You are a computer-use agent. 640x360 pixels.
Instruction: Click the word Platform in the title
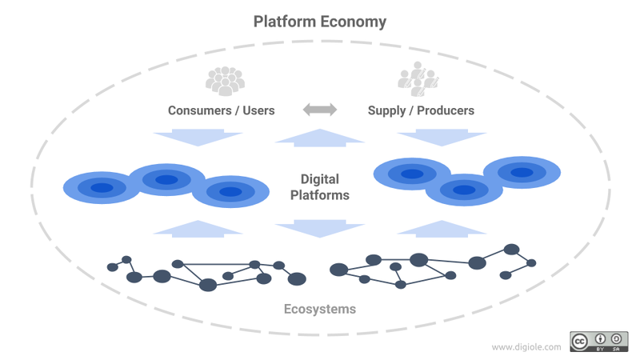[x=283, y=22]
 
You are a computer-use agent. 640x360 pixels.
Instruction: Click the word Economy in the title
[x=352, y=22]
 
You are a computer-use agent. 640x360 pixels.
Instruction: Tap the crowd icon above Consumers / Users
[x=225, y=82]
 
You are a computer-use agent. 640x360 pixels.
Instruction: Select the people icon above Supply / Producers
[x=418, y=79]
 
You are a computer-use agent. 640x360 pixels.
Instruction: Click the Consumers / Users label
[x=222, y=110]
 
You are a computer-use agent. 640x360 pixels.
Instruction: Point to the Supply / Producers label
[x=421, y=111]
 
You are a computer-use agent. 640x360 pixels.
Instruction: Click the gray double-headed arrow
[x=320, y=110]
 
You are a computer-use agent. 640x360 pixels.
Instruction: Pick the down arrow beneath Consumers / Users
[x=198, y=138]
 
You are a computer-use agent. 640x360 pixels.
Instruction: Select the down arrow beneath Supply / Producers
[x=442, y=138]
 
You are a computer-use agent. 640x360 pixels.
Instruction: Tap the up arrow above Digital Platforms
[x=319, y=138]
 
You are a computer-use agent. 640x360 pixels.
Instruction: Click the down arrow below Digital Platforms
[x=319, y=229]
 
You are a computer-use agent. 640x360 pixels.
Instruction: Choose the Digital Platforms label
[x=319, y=187]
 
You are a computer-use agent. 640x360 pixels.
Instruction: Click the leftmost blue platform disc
[x=102, y=188]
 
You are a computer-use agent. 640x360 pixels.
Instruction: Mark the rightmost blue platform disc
[x=522, y=172]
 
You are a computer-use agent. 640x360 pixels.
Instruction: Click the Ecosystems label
[x=319, y=309]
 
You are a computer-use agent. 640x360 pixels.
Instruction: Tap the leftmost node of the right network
[x=338, y=270]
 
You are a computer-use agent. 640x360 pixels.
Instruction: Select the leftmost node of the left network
[x=112, y=267]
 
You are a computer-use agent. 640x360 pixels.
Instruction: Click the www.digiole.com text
[x=526, y=347]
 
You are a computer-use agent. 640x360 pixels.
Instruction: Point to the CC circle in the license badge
[x=579, y=342]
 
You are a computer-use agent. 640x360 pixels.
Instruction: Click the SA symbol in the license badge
[x=616, y=338]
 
